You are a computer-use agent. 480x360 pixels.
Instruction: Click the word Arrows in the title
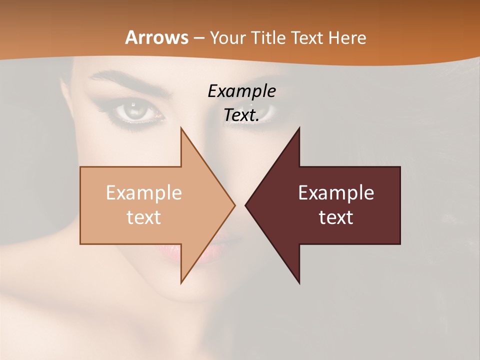click(x=156, y=37)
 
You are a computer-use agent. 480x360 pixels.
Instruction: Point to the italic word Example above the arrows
click(x=241, y=91)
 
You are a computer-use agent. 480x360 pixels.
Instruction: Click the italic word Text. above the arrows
click(x=241, y=115)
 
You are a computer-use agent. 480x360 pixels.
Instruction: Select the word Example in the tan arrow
click(x=144, y=193)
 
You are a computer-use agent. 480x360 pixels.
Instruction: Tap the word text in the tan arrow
click(x=144, y=217)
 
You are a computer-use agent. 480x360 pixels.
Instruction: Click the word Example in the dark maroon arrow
click(x=336, y=193)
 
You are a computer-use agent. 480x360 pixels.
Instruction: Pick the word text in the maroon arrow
click(x=336, y=217)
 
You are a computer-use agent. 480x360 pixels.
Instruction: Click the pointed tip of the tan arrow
click(x=234, y=205)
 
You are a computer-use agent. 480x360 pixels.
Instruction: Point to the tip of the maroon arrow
click(x=246, y=205)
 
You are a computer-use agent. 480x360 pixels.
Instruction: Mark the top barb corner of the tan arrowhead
click(x=181, y=128)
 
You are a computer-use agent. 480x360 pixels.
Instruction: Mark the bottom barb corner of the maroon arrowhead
click(x=299, y=283)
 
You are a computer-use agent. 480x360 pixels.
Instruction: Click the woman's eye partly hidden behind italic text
click(x=265, y=111)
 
